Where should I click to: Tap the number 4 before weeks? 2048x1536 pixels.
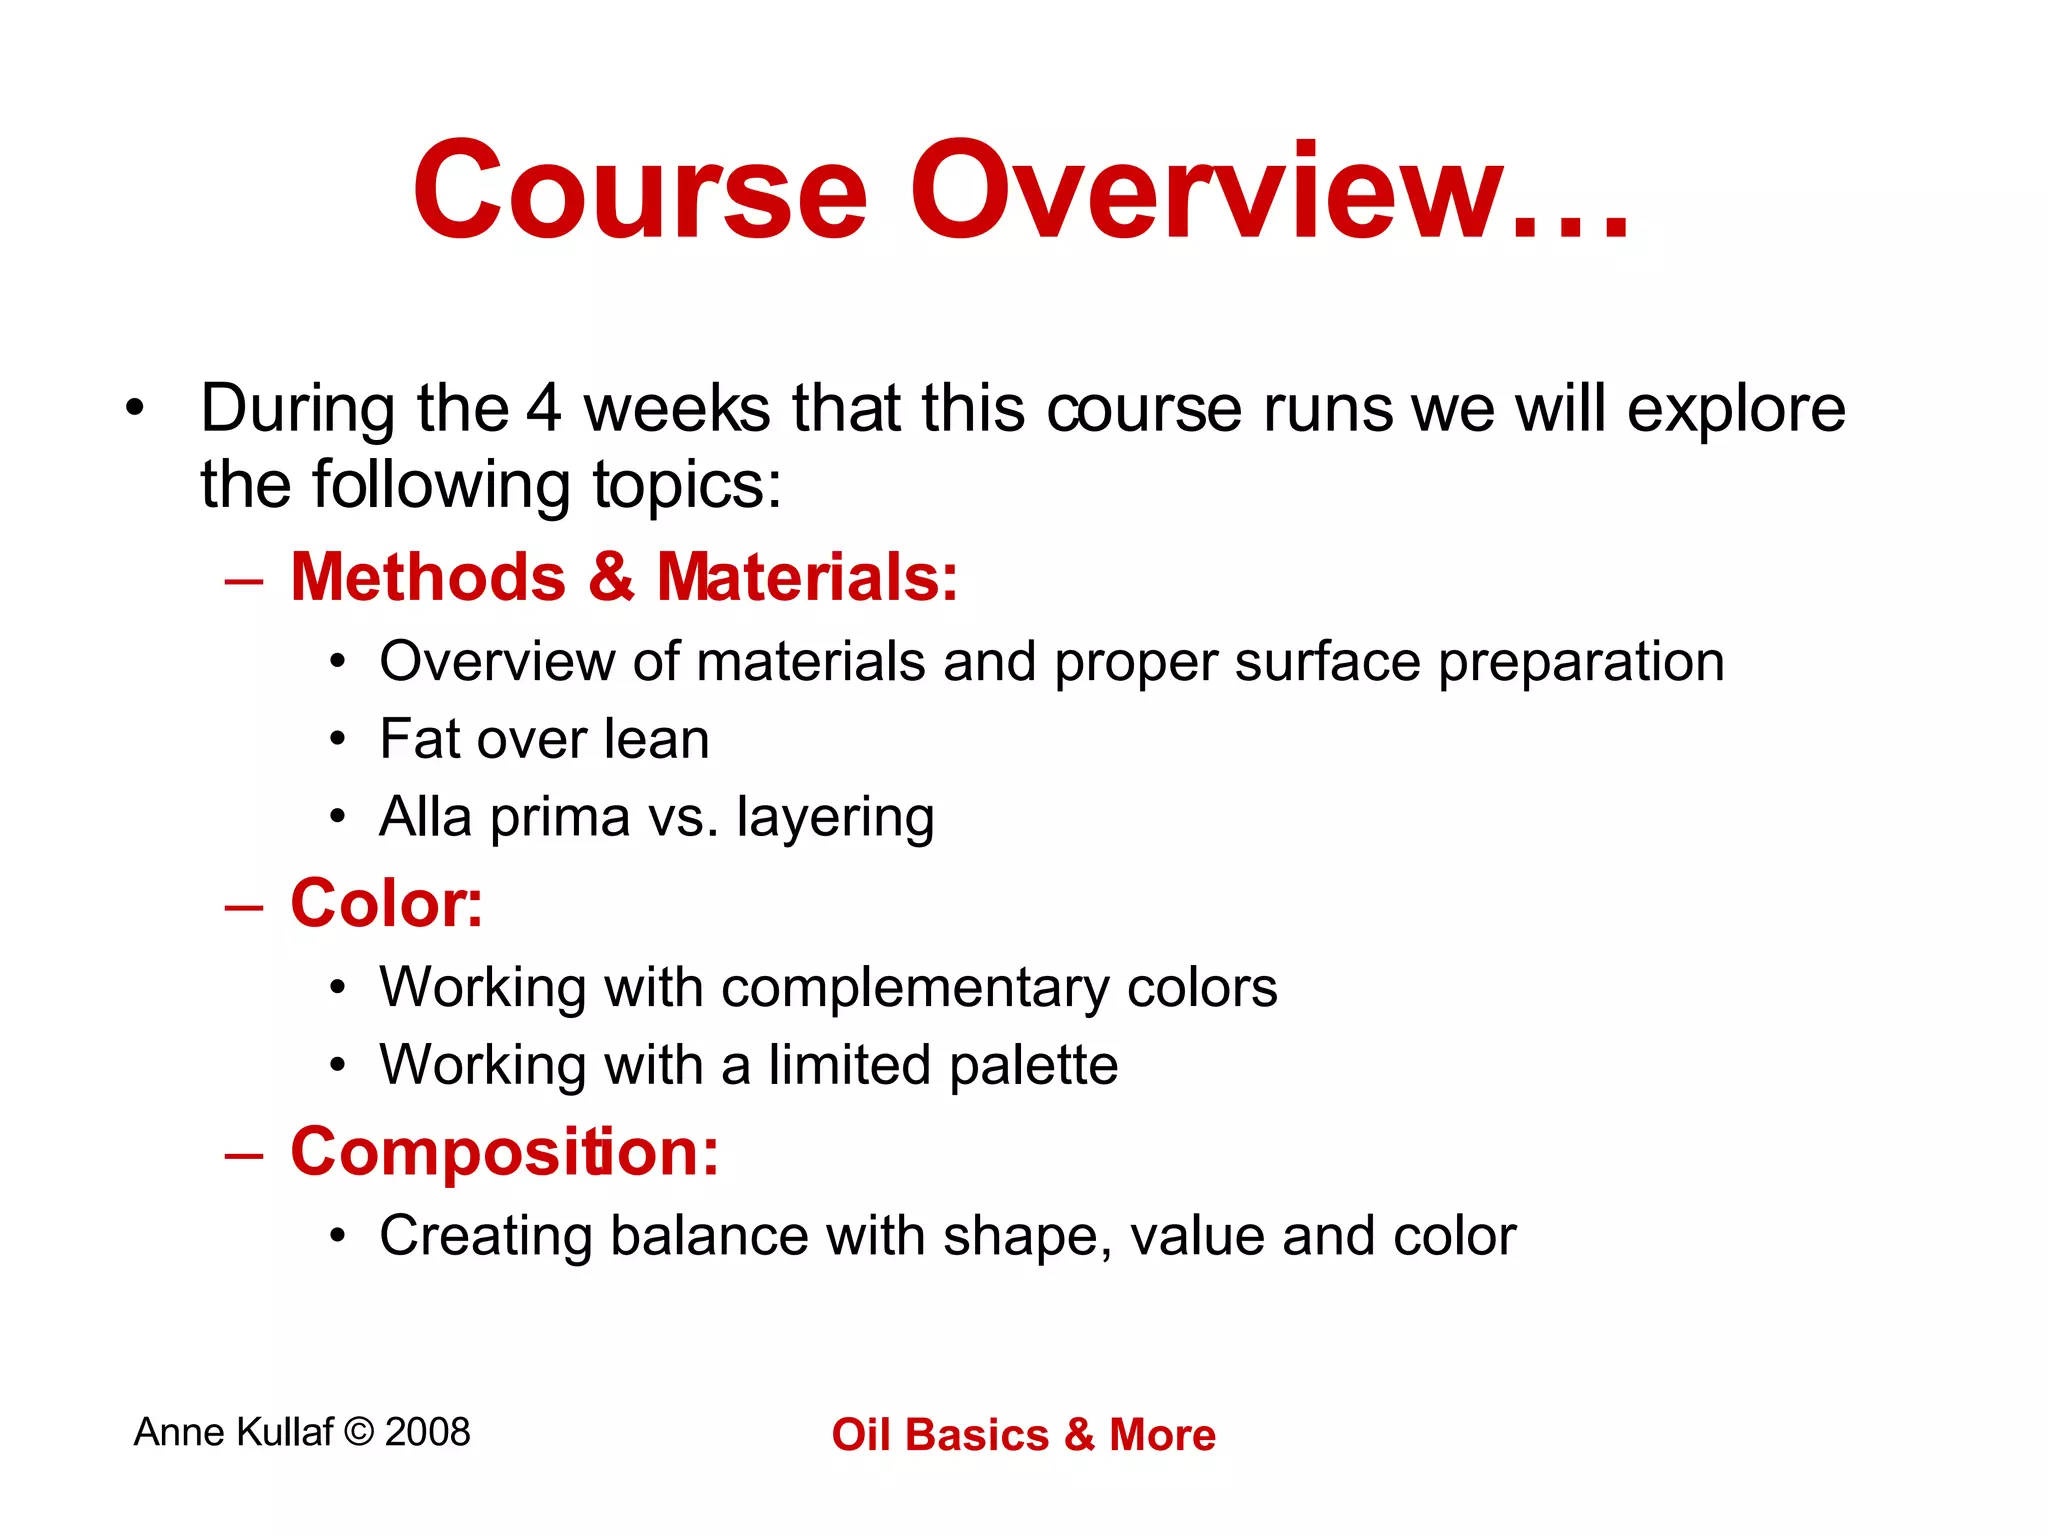click(x=544, y=409)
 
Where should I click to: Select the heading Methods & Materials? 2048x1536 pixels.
click(x=624, y=577)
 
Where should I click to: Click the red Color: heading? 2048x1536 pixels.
click(x=386, y=903)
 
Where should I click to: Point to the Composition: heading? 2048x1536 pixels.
click(x=504, y=1151)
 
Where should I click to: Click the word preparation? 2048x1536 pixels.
click(x=1581, y=663)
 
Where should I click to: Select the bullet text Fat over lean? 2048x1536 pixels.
click(x=544, y=739)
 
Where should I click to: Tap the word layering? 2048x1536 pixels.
click(x=835, y=819)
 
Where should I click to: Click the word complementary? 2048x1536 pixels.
click(x=915, y=989)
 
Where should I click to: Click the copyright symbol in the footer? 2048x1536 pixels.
click(x=358, y=1432)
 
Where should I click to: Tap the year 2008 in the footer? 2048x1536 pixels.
click(x=427, y=1432)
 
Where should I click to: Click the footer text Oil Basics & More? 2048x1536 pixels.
click(x=1023, y=1434)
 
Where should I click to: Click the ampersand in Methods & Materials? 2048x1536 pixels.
click(x=611, y=577)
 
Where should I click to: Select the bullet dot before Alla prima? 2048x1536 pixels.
click(x=338, y=817)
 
